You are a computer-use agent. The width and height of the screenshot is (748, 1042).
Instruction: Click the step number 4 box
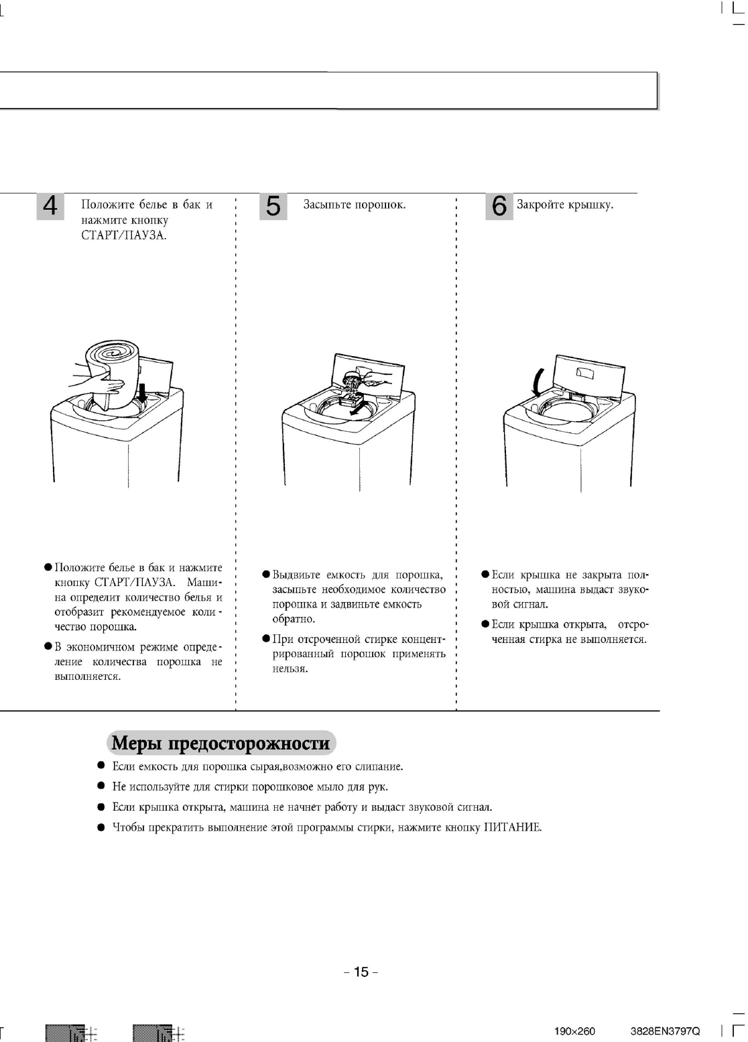[50, 206]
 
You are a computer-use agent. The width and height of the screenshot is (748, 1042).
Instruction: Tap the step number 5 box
[273, 206]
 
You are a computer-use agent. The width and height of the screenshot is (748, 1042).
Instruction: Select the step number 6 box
[499, 206]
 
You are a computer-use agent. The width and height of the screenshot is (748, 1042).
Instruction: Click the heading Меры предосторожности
[221, 744]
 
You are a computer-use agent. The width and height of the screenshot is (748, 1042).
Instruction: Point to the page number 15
[361, 972]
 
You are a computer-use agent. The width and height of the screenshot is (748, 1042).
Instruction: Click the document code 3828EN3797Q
[664, 1031]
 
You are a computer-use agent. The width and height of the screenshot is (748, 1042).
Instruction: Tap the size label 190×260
[574, 1031]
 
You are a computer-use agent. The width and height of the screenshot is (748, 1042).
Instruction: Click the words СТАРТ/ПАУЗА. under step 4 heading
[123, 235]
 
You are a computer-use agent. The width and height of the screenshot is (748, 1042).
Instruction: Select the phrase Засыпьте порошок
[354, 205]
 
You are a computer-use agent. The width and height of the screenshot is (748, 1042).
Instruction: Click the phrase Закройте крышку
[564, 205]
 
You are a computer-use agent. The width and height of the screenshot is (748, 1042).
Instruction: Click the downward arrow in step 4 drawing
[143, 392]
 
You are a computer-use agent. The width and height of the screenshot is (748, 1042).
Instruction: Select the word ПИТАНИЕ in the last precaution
[512, 827]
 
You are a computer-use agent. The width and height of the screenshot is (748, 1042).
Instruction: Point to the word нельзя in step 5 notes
[290, 669]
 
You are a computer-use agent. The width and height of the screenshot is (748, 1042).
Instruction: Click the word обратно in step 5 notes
[293, 619]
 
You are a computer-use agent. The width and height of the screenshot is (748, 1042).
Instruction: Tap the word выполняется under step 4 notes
[87, 677]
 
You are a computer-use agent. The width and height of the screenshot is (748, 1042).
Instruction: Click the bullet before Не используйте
[101, 786]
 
